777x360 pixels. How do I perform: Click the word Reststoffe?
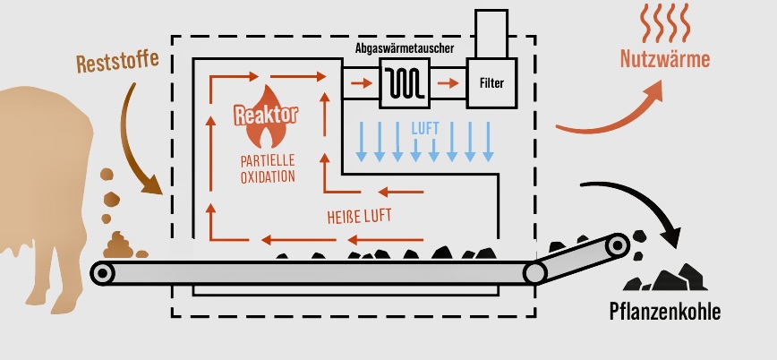pos(117,62)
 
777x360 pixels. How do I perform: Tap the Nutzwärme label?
pos(665,60)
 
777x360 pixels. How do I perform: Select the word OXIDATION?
pos(267,176)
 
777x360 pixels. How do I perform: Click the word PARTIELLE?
pos(267,162)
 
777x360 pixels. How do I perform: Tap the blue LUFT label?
pos(425,127)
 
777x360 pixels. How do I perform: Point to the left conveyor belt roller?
pos(103,272)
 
